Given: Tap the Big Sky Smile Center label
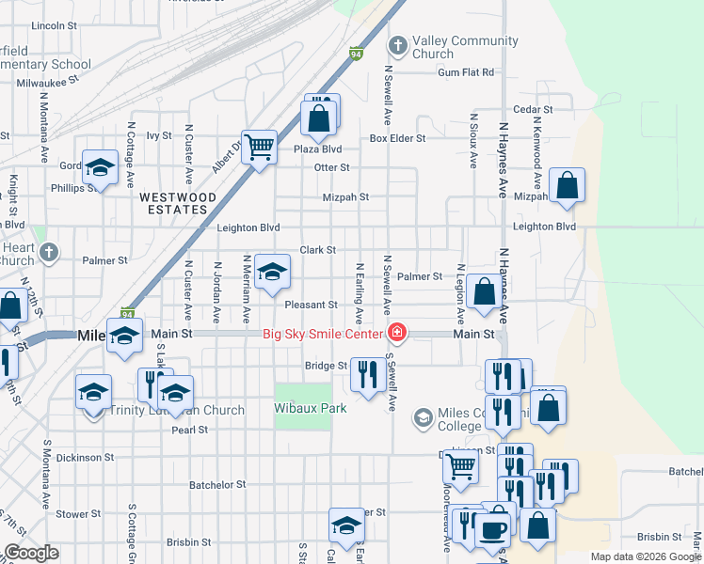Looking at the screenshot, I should point(321,334).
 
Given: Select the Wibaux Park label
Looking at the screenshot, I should point(311,409).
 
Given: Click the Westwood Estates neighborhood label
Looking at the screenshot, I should point(178,204).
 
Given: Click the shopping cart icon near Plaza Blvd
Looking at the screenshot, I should point(259,146).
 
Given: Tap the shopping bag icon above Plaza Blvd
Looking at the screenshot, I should point(318,117).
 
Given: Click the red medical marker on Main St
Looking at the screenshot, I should point(397,333).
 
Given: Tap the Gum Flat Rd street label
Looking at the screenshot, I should point(465,72).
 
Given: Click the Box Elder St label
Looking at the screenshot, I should point(397,138).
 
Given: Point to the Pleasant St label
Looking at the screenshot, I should point(312,305).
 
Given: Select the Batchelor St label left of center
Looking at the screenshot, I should point(217,485).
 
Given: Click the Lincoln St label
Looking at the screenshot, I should point(53,26).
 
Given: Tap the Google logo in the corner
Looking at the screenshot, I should point(31,553).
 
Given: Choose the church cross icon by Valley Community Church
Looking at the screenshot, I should point(397,44).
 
